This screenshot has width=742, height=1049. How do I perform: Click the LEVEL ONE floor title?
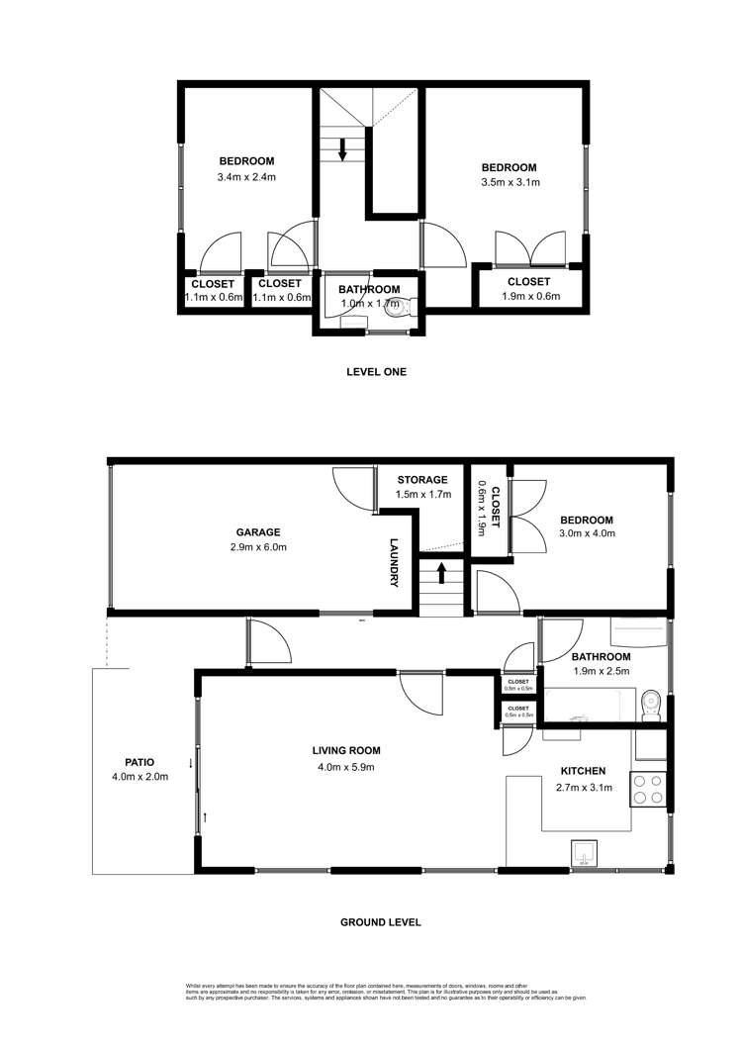tap(376, 372)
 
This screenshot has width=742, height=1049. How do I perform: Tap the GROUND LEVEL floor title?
tap(381, 921)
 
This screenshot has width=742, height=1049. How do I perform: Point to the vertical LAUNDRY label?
tap(393, 561)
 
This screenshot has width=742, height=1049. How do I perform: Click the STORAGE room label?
tap(422, 480)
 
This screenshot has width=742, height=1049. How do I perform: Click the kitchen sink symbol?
tap(584, 851)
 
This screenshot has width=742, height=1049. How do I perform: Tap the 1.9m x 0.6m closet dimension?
tap(528, 296)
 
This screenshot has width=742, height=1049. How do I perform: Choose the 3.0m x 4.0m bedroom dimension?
tap(587, 534)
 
